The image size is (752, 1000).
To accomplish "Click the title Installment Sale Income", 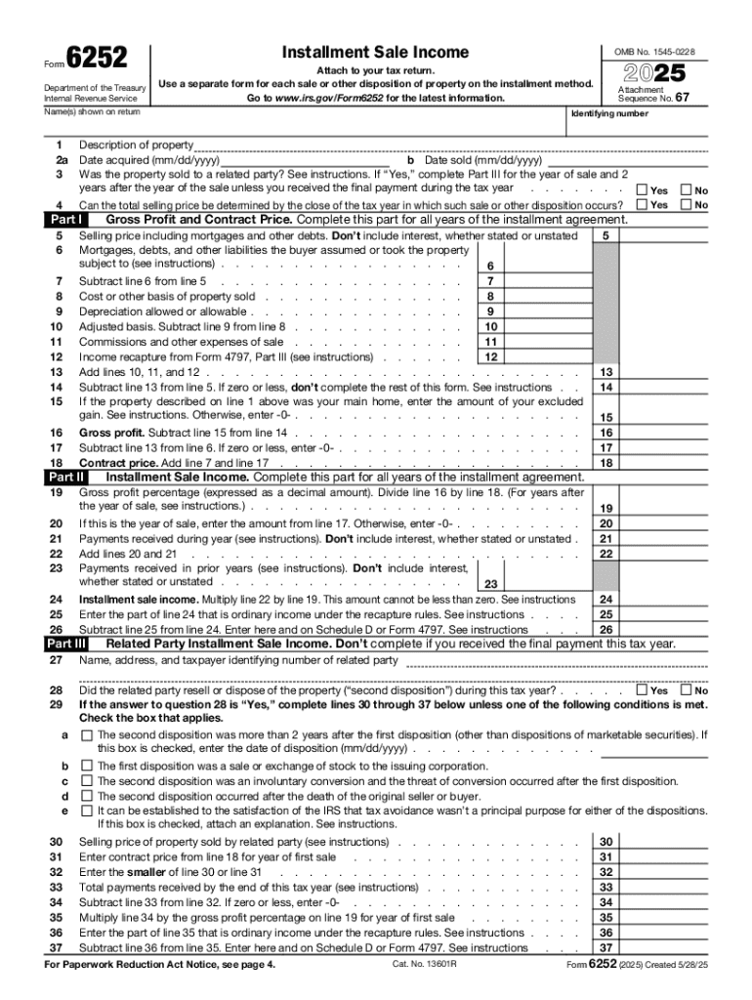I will click(x=375, y=53).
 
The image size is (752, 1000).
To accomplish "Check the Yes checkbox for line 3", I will click(x=641, y=189).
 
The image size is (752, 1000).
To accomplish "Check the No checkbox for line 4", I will click(x=686, y=205).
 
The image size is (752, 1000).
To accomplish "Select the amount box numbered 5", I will click(x=606, y=235).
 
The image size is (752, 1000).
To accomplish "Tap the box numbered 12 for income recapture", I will click(x=490, y=356).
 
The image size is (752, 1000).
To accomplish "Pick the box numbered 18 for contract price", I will click(x=606, y=463).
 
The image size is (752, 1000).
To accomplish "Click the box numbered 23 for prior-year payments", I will click(x=490, y=585).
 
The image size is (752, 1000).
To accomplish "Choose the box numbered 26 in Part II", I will click(x=606, y=630).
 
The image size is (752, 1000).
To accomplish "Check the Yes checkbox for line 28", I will click(x=641, y=690).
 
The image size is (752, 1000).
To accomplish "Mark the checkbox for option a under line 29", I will click(x=87, y=734).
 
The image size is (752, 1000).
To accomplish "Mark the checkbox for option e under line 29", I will click(x=87, y=810).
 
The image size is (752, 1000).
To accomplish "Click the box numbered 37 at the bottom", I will click(x=606, y=947).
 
